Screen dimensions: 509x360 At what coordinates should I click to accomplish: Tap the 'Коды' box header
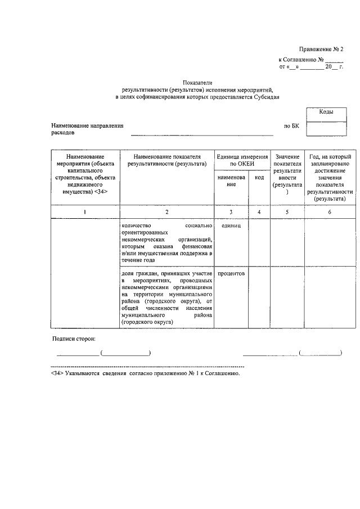click(326, 112)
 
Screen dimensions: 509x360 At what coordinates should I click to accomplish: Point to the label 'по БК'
click(291, 127)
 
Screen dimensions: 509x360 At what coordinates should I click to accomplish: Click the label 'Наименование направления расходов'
click(87, 130)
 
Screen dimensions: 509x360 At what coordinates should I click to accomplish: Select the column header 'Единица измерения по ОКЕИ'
click(242, 160)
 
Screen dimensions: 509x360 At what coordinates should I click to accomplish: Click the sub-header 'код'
click(259, 177)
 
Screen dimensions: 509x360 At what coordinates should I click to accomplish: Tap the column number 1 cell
click(84, 211)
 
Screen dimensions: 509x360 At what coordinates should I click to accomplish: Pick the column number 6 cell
click(330, 211)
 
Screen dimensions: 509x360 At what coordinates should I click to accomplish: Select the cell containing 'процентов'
click(231, 273)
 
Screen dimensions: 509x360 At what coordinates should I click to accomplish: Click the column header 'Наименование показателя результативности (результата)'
click(167, 160)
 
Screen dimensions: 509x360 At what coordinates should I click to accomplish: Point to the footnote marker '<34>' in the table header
click(101, 192)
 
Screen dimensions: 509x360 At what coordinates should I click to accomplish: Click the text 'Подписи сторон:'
click(73, 339)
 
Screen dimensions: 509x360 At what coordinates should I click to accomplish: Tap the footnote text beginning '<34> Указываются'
click(145, 372)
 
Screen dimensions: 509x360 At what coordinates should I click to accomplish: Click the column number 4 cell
click(259, 211)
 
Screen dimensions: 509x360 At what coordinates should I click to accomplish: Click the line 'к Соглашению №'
click(301, 60)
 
